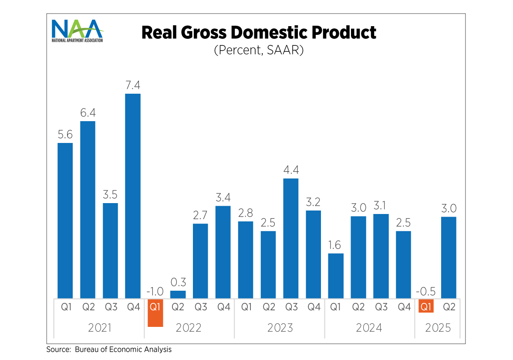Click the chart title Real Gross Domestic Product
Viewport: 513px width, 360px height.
pos(259,33)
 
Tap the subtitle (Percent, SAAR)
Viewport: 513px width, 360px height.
pos(259,50)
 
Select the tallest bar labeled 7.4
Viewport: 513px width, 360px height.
pos(133,196)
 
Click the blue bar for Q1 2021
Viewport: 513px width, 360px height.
pos(65,221)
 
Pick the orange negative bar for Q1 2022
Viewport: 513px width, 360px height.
pos(155,312)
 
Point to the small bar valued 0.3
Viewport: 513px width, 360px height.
pos(178,294)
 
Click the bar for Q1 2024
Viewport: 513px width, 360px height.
pos(336,276)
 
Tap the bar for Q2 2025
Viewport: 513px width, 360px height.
pos(449,258)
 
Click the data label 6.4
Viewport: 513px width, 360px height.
pos(88,113)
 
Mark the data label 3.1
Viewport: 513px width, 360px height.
pos(381,205)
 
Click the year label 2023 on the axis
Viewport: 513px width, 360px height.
pos(280,328)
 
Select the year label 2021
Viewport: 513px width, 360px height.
pos(99,328)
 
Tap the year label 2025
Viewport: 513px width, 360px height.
pos(438,328)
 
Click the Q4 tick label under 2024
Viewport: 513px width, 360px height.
pos(404,307)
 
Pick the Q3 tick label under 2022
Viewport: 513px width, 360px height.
pos(201,307)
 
